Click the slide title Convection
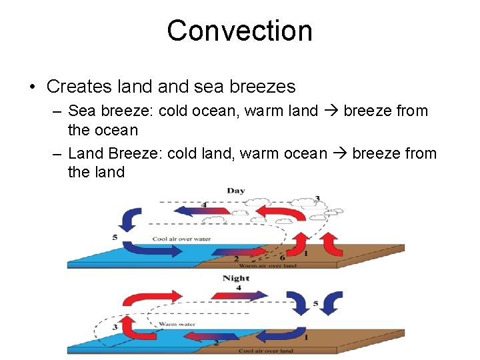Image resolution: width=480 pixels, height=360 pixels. (x=239, y=31)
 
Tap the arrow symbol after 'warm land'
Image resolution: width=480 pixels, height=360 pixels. (x=331, y=111)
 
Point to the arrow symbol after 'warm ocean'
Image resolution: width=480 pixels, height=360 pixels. (x=339, y=154)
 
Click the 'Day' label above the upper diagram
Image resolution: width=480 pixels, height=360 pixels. (x=235, y=191)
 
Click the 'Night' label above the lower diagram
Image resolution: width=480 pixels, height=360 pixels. (x=236, y=278)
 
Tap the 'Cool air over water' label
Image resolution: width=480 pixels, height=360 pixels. (x=181, y=239)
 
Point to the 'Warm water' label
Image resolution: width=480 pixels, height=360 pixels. (x=177, y=325)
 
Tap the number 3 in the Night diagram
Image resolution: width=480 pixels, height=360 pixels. (x=115, y=327)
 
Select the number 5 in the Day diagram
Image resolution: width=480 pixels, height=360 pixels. (x=115, y=237)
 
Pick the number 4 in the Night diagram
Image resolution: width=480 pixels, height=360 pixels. (x=238, y=287)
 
